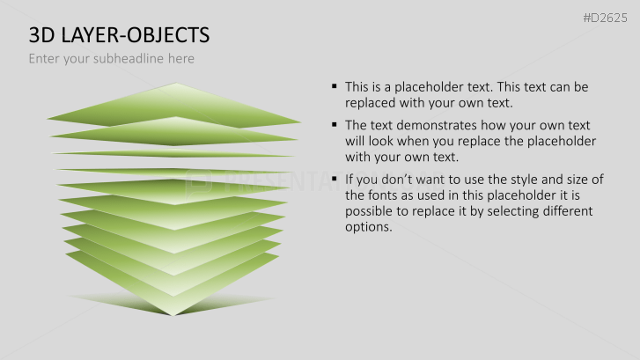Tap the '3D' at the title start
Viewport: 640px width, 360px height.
point(41,35)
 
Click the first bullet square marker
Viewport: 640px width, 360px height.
point(335,86)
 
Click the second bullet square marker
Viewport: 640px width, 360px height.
point(335,124)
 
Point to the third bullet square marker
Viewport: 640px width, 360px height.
point(335,180)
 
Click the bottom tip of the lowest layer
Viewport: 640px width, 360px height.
point(174,314)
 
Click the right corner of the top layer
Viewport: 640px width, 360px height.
point(300,122)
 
